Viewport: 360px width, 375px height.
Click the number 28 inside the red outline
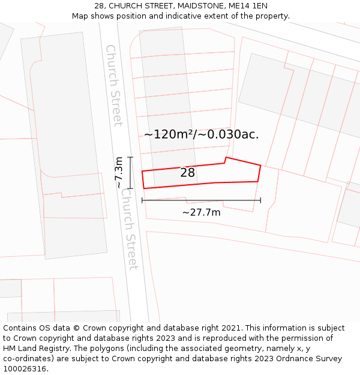[187, 173]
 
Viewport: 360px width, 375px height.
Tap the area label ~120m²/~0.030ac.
[202, 134]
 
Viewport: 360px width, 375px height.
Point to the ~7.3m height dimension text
[119, 173]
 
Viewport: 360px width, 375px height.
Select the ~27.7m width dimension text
[202, 212]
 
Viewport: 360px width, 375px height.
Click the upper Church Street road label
[113, 85]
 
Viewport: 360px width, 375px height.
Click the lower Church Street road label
[129, 229]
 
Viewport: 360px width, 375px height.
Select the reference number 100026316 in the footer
[25, 369]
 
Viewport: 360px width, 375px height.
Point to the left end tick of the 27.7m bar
[142, 200]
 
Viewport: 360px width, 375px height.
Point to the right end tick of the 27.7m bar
[260, 200]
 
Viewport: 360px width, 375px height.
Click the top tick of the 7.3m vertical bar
[131, 157]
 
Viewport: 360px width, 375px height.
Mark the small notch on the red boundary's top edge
[225, 160]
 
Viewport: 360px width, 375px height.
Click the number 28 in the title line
[100, 6]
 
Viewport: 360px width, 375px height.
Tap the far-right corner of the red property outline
[260, 165]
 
